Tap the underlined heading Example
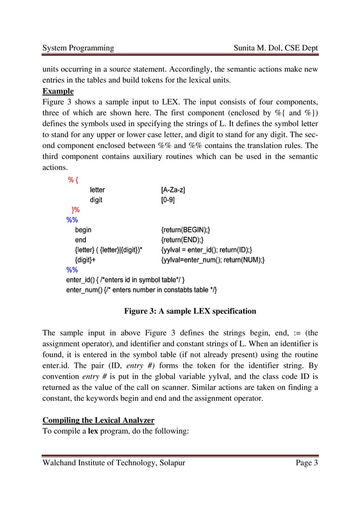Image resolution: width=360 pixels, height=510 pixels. (58, 91)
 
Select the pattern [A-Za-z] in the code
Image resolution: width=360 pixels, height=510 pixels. (173, 190)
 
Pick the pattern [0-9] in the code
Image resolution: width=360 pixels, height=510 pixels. (168, 200)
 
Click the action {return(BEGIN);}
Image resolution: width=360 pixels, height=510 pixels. (186, 230)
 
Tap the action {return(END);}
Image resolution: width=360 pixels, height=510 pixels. (182, 240)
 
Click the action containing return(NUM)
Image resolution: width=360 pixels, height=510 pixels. (213, 260)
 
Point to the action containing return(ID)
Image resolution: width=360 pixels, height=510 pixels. (207, 250)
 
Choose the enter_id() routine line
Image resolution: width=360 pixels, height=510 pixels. (125, 280)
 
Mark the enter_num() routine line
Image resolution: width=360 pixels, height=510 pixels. (141, 290)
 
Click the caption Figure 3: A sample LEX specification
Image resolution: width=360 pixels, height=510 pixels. (190, 311)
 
